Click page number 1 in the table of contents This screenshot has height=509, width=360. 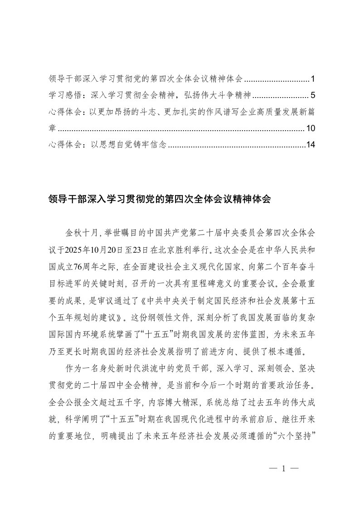pos(313,79)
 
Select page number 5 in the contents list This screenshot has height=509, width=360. pos(313,96)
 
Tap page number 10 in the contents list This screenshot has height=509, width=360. pos(311,129)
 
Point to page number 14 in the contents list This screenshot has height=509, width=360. pos(311,145)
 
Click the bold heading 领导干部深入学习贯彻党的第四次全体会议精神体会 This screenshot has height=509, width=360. pos(159,199)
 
